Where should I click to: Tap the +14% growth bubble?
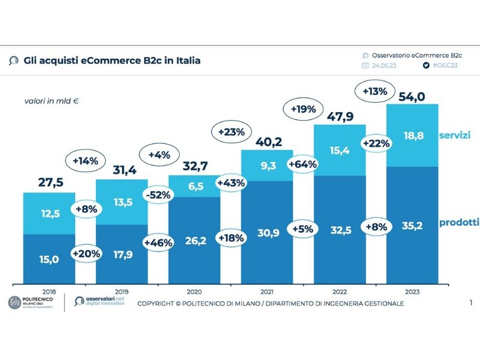85,161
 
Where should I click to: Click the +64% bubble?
302,163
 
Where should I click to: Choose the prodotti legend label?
460,223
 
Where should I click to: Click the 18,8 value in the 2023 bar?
413,136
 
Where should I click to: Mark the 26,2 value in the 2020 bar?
194,242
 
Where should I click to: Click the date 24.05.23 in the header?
384,65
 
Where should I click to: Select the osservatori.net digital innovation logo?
100,302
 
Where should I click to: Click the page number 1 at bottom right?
471,303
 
